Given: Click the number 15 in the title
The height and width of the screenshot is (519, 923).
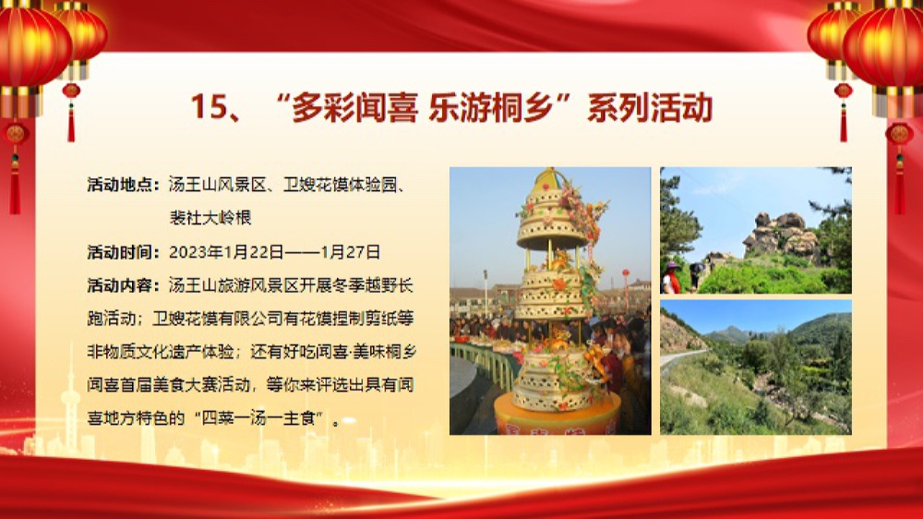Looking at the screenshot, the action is [209, 107].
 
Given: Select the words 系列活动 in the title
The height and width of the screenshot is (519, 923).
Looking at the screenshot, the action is [650, 107].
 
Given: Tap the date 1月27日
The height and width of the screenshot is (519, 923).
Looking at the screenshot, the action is [350, 252].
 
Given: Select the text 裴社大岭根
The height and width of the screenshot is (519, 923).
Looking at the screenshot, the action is [210, 218].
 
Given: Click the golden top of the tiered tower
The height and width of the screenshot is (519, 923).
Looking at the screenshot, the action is [550, 179].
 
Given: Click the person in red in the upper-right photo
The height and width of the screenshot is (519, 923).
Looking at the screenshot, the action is [670, 278].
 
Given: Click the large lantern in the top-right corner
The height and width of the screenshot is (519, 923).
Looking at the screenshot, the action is [884, 48].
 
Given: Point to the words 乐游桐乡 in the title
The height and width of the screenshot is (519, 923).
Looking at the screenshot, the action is [492, 107].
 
